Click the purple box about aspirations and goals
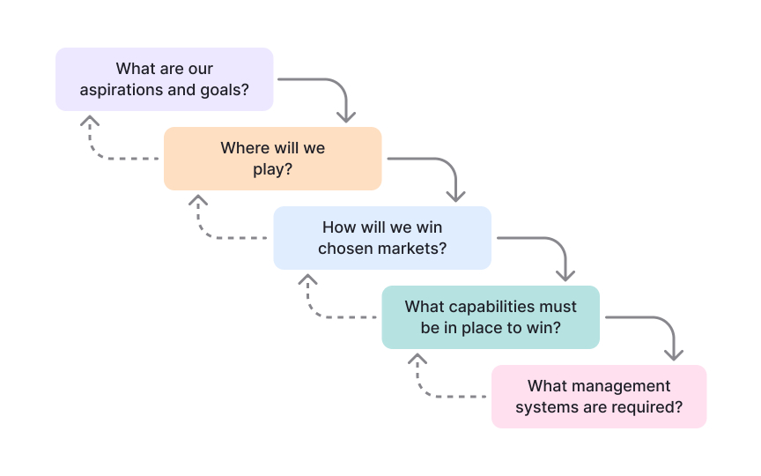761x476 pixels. tap(164, 79)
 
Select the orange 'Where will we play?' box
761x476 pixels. tap(272, 159)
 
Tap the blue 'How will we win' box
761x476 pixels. tap(381, 237)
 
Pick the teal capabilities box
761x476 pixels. tap(491, 316)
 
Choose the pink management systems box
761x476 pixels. tap(599, 397)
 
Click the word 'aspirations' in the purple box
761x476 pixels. tap(118, 90)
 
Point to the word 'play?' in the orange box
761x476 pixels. tap(272, 169)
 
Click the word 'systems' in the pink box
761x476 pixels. tap(543, 407)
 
